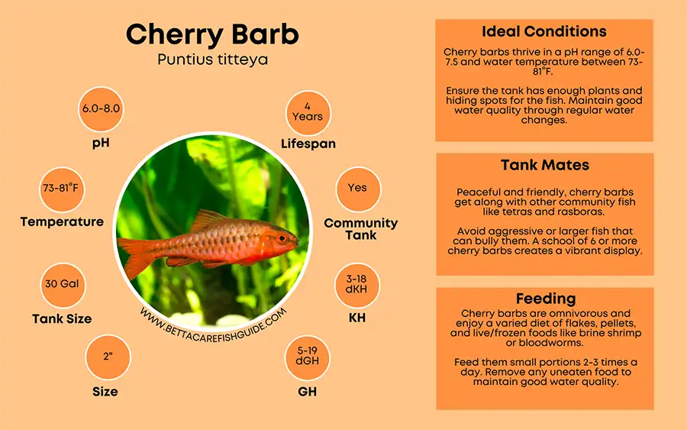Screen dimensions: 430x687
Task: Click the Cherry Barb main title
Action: pos(211,34)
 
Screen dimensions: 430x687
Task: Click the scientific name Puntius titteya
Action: pos(212,59)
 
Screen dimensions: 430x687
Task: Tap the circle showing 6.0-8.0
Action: pos(102,108)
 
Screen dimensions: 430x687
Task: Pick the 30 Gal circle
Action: pos(63,284)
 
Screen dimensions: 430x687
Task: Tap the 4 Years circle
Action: pos(308,112)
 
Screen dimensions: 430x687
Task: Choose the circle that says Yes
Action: pos(357,188)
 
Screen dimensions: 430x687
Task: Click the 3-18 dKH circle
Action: pos(357,284)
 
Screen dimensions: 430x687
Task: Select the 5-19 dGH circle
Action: pos(308,357)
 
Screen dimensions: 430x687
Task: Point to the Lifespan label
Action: pos(308,144)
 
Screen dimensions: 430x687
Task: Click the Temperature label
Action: pos(62,222)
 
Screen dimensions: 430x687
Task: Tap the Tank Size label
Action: pos(62,318)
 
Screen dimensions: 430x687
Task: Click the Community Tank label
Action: pos(361,228)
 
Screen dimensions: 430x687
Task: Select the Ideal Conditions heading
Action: pos(544,32)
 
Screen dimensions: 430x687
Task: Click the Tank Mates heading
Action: pos(544,165)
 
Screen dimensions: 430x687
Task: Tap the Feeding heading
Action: pos(544,299)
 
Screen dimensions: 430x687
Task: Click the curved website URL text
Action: pos(214,322)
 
